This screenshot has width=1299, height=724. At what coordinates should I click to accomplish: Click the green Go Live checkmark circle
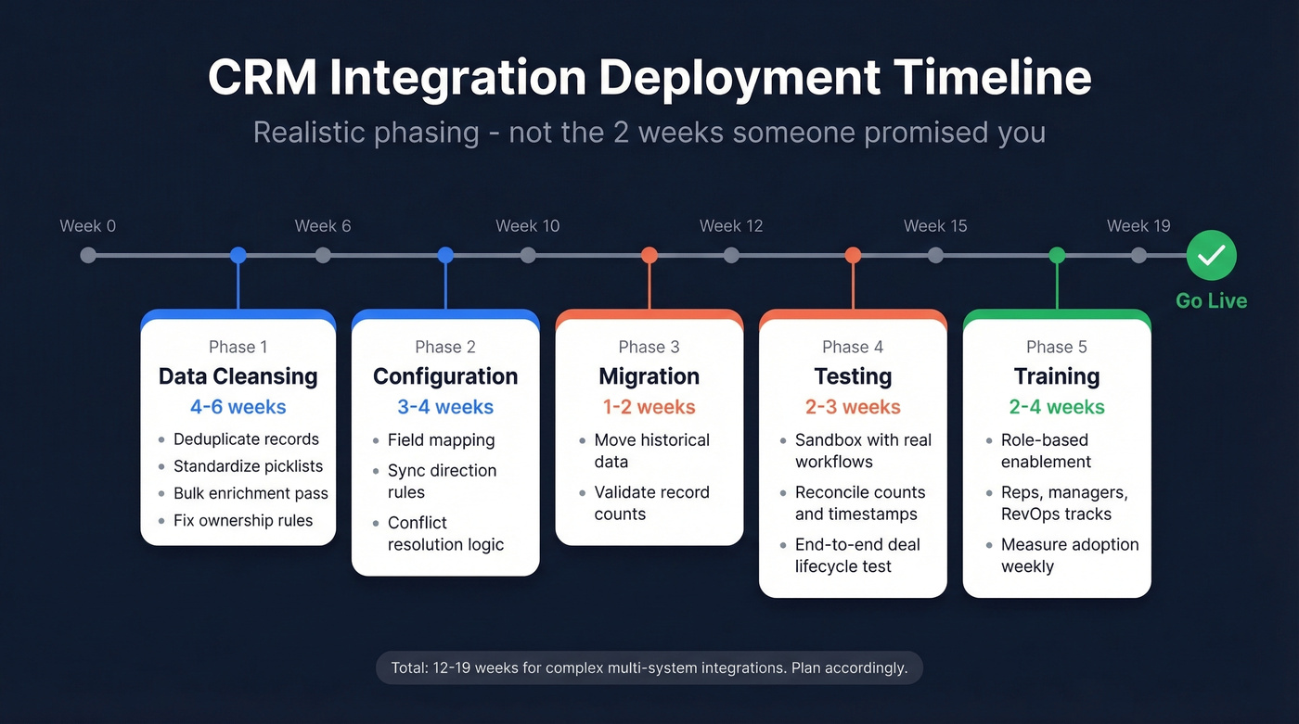[x=1211, y=255]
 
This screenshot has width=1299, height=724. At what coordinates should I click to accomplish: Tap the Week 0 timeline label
[x=88, y=226]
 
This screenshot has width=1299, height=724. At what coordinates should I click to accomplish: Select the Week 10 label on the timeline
[x=527, y=226]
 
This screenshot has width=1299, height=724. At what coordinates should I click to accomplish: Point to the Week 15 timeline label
[x=935, y=226]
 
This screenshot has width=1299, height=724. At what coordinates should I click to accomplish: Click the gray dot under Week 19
[x=1138, y=255]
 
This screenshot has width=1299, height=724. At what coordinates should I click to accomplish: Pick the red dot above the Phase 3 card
[x=649, y=255]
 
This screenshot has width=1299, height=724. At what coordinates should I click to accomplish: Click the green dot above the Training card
[x=1057, y=255]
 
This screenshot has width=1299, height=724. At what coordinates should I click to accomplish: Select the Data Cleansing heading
[x=238, y=376]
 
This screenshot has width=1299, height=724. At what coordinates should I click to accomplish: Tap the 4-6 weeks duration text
[x=238, y=407]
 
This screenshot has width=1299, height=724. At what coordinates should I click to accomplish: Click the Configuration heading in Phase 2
[x=445, y=376]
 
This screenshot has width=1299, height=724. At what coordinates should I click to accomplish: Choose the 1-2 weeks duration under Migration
[x=649, y=407]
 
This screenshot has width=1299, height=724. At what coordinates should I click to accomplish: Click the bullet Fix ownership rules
[x=242, y=520]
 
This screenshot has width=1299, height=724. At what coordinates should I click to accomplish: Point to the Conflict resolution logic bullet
[x=445, y=534]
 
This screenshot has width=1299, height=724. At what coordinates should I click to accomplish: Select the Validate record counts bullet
[x=651, y=502]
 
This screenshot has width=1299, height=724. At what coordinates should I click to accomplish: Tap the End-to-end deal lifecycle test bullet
[x=856, y=555]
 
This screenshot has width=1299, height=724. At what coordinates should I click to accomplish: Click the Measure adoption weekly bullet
[x=1069, y=555]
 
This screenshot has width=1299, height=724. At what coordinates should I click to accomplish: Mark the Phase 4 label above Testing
[x=853, y=347]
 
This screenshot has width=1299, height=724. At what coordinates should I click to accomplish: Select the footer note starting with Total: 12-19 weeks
[x=649, y=667]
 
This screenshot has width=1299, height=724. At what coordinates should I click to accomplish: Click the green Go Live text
[x=1211, y=300]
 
